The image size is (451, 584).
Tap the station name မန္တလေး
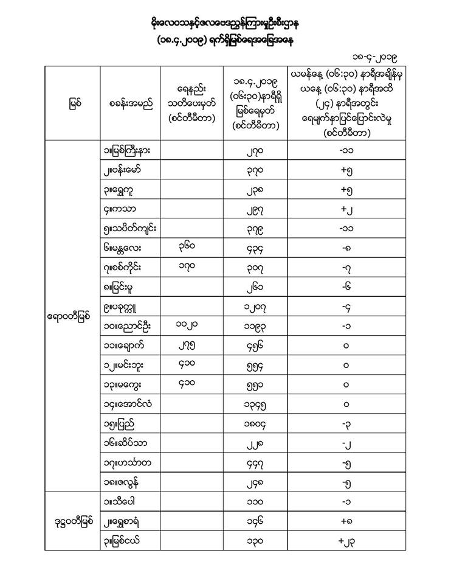(126, 248)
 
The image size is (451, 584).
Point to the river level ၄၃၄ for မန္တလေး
(256, 248)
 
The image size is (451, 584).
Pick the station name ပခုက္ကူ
(126, 307)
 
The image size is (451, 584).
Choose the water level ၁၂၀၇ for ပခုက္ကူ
(256, 307)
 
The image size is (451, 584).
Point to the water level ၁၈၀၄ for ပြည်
(256, 423)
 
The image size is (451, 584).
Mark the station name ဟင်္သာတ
(128, 462)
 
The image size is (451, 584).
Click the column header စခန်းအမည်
(129, 103)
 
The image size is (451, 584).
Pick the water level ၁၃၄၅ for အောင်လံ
(256, 404)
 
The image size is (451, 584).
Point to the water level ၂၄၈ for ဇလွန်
(256, 482)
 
